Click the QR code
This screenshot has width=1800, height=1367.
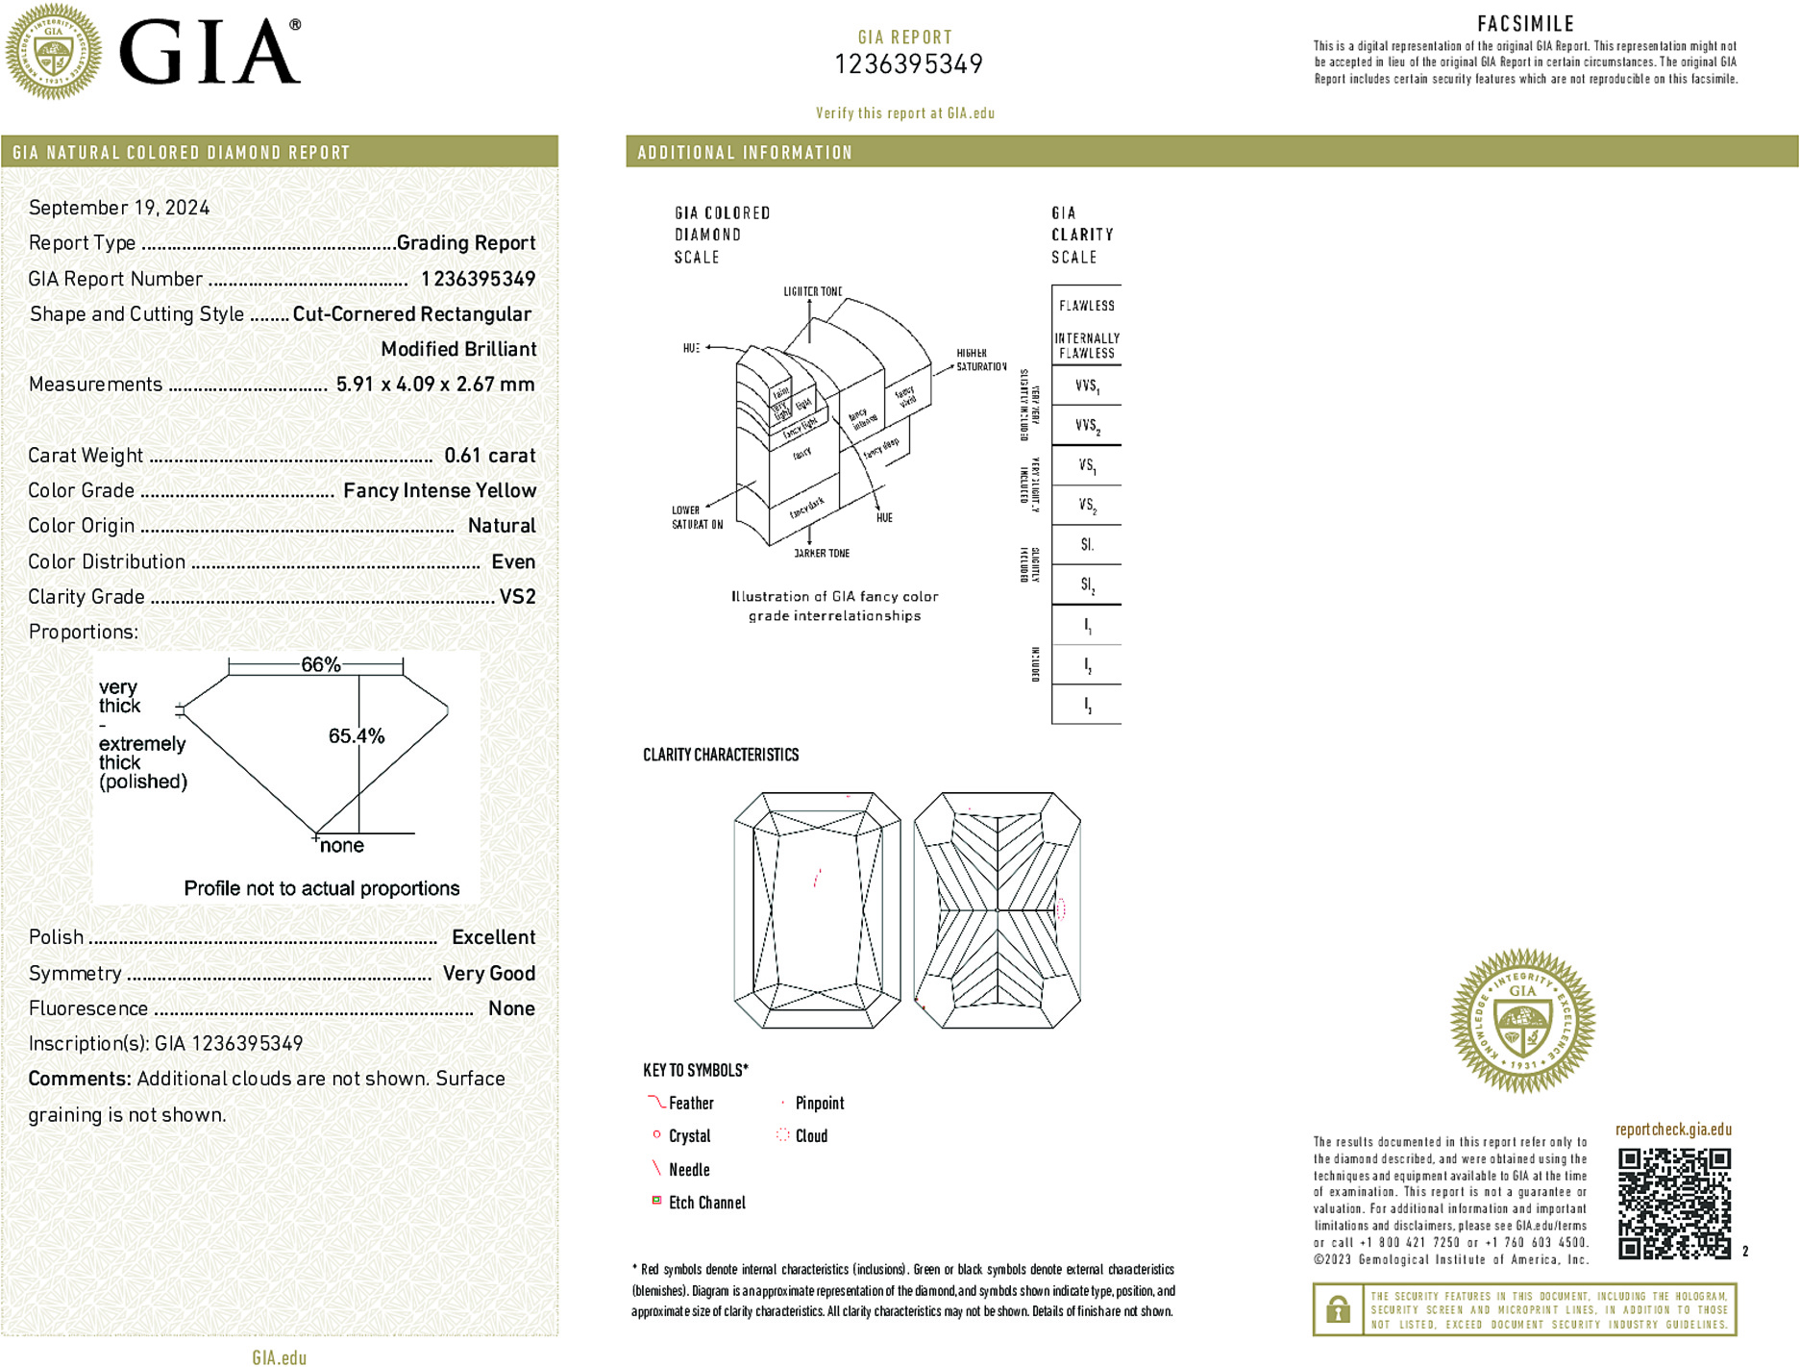click(1673, 1203)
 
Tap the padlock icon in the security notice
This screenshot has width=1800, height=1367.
click(1338, 1309)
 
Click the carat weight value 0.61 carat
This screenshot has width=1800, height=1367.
click(489, 456)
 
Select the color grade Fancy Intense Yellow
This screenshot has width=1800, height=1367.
click(439, 491)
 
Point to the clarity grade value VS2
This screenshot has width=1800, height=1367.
click(517, 597)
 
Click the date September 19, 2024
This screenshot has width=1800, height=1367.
click(119, 208)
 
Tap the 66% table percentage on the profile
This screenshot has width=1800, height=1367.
click(320, 664)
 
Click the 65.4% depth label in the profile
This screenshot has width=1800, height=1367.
click(357, 736)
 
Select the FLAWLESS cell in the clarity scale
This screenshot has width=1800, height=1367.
click(1087, 306)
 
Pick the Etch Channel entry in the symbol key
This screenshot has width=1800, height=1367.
click(706, 1203)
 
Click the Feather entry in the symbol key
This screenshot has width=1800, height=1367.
click(691, 1104)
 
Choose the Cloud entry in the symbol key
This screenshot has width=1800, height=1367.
click(811, 1136)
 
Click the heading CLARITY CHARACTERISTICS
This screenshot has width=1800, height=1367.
click(721, 755)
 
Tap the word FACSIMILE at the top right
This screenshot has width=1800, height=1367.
click(1525, 24)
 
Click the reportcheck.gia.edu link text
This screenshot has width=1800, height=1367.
click(1673, 1130)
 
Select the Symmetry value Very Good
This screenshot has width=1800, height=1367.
click(488, 974)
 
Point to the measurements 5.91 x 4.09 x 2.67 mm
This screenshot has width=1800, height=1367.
click(435, 385)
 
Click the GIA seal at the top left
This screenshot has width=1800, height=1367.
click(53, 52)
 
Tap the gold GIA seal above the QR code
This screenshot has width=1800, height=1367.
click(1522, 1021)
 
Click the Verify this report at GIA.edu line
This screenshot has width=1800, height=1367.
click(905, 113)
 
